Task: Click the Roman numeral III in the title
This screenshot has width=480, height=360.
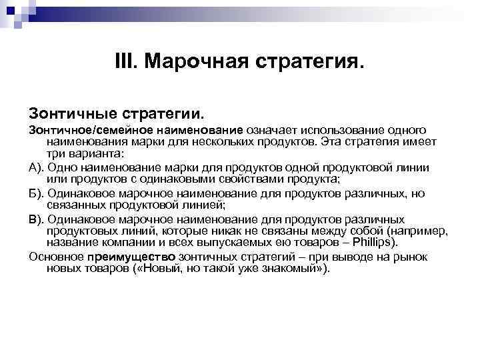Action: pyautogui.click(x=125, y=63)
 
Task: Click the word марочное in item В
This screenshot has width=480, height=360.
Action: pyautogui.click(x=158, y=219)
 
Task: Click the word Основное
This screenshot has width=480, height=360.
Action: pyautogui.click(x=55, y=257)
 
